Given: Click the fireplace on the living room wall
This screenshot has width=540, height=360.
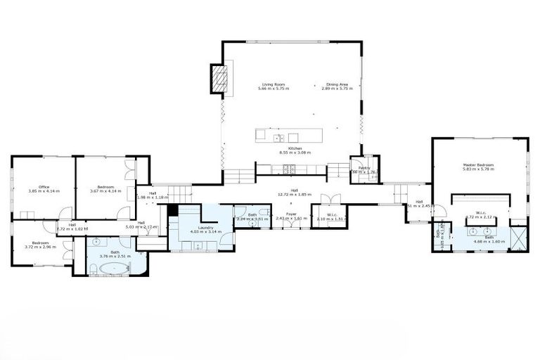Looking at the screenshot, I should [219, 78].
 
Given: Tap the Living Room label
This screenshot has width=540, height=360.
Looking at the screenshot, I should [273, 84].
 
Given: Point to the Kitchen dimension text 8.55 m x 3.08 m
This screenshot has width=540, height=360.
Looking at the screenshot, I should [295, 152].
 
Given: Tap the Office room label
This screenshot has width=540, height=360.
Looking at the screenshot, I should [44, 186].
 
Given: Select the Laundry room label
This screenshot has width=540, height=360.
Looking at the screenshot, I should [205, 227].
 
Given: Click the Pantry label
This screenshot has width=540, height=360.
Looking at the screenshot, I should [364, 168].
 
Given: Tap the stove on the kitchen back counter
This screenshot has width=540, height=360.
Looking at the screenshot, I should [290, 169].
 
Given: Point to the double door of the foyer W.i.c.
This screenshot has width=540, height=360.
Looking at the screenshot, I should [330, 200].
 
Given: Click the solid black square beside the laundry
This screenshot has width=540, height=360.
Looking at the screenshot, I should [172, 210].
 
